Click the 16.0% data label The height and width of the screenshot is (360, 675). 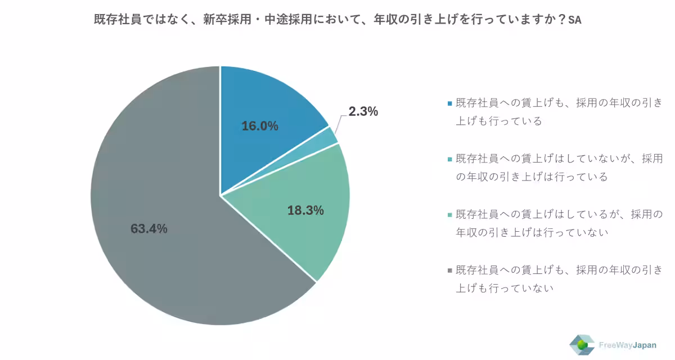click(x=260, y=126)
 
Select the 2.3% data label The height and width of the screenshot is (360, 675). click(x=363, y=111)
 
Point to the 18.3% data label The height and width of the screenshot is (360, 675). click(x=305, y=210)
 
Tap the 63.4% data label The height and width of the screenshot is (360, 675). click(x=149, y=228)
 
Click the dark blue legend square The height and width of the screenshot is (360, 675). click(x=450, y=103)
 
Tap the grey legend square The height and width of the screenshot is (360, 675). click(x=450, y=271)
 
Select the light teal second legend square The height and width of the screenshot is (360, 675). click(x=450, y=159)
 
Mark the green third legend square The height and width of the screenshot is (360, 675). click(x=450, y=215)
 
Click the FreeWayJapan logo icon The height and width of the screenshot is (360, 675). click(x=582, y=345)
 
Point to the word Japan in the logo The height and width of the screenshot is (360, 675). click(x=644, y=345)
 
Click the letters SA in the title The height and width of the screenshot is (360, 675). click(x=575, y=20)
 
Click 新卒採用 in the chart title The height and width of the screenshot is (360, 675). click(x=227, y=20)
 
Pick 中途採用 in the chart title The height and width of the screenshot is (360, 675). click(x=289, y=20)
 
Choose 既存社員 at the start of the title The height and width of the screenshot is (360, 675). click(x=118, y=20)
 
